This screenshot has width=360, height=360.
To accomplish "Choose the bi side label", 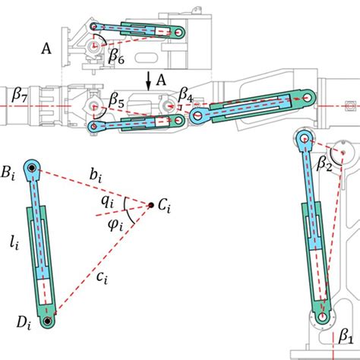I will click(96, 178).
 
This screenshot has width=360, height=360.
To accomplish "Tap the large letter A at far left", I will click(46, 50).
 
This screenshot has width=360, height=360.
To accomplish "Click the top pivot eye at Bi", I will click(33, 168).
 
